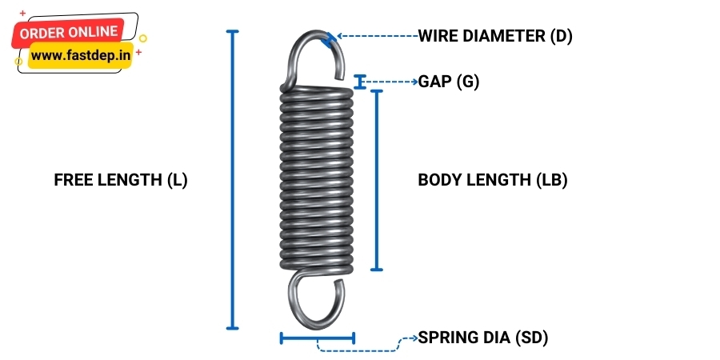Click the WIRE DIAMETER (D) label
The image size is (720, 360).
(495, 36)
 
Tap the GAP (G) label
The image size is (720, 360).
(449, 82)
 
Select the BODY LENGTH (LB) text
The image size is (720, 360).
(492, 180)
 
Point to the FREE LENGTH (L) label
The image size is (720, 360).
(120, 180)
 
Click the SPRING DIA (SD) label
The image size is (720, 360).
(483, 338)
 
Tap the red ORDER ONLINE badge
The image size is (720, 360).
(69, 33)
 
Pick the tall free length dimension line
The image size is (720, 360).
(233, 180)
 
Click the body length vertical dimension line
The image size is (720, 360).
(378, 180)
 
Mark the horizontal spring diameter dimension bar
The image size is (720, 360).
(317, 338)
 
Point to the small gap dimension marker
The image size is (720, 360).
(361, 82)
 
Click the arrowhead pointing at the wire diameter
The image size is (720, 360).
(334, 36)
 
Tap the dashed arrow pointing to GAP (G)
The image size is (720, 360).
(392, 82)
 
